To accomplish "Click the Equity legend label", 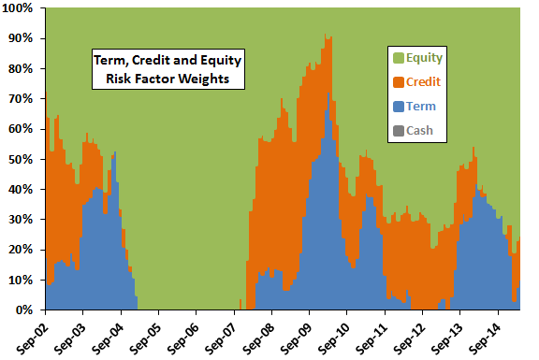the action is [424, 58].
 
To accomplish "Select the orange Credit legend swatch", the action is [399, 82].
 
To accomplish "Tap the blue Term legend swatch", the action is [399, 107].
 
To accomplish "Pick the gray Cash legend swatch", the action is [399, 131].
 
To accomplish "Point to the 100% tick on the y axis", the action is [18, 7].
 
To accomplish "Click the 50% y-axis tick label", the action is [21, 159].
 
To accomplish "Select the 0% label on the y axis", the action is [24, 310].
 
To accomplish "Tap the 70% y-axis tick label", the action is [21, 99].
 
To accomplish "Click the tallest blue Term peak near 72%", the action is [328, 94].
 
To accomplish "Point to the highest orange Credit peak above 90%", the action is [325, 35].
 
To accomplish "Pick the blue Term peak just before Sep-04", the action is [115, 152].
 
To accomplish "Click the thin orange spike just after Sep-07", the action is [240, 304].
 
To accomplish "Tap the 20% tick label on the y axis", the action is [21, 250].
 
